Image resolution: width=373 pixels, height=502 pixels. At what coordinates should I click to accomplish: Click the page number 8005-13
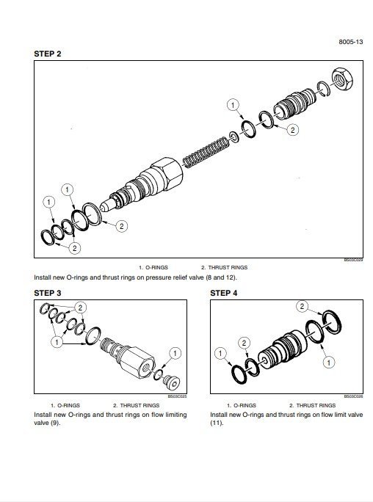[350, 43]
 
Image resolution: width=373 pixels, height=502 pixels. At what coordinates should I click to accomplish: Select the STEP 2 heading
[48, 54]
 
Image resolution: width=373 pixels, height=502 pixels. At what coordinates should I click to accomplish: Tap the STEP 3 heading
[48, 293]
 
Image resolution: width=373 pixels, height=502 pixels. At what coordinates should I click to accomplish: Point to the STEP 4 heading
[225, 293]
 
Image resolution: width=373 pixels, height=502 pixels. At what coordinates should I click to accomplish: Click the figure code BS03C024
[353, 259]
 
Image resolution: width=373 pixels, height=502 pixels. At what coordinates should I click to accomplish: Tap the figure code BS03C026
[353, 396]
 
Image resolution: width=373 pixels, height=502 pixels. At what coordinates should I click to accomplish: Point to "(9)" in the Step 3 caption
[54, 423]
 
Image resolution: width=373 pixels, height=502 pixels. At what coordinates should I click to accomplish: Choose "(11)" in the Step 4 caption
[217, 423]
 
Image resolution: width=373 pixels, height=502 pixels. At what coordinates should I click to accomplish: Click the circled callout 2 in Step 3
[80, 306]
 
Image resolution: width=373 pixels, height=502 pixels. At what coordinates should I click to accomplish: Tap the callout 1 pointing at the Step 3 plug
[174, 354]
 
